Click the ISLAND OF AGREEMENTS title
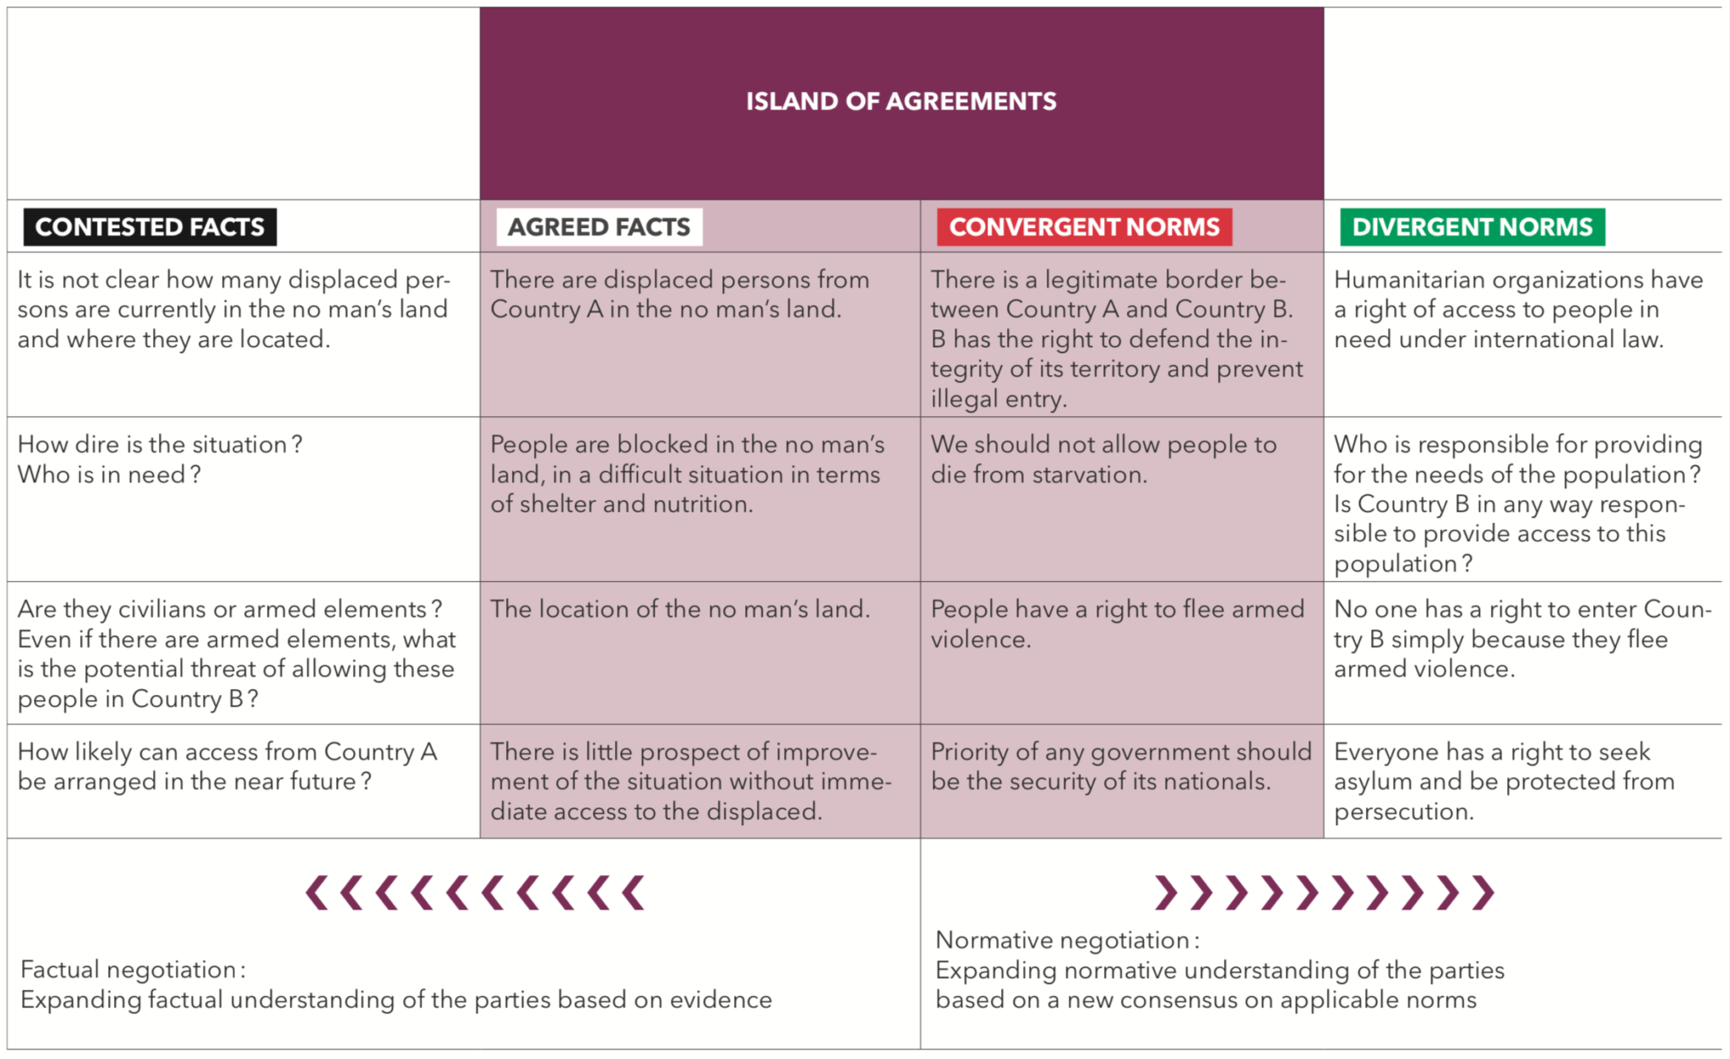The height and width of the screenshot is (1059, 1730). click(x=900, y=101)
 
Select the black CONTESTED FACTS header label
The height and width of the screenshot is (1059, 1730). click(x=150, y=227)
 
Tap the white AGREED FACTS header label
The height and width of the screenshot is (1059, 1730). click(x=599, y=227)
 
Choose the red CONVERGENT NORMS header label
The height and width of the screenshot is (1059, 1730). click(x=1084, y=227)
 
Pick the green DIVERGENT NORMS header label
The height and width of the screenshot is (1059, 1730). click(x=1472, y=227)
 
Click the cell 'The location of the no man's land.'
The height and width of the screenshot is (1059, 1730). click(x=680, y=610)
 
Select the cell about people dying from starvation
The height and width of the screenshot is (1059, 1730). click(x=1103, y=459)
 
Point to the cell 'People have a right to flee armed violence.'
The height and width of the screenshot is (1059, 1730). click(x=1117, y=624)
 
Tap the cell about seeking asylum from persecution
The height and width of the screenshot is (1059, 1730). click(x=1504, y=781)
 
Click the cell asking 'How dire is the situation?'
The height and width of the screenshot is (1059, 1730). click(x=160, y=459)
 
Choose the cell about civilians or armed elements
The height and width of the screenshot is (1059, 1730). click(x=237, y=654)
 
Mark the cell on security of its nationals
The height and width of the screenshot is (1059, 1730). click(x=1120, y=767)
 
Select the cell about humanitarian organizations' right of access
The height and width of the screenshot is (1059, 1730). click(x=1517, y=309)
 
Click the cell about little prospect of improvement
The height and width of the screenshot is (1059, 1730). click(x=690, y=781)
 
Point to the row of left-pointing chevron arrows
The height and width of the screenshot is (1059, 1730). click(x=476, y=893)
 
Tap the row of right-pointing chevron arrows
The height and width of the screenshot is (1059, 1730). click(x=1324, y=893)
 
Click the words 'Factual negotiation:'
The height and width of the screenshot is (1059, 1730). click(x=133, y=969)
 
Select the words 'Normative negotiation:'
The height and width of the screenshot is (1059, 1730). click(x=1067, y=940)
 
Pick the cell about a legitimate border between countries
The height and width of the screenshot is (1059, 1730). click(x=1117, y=339)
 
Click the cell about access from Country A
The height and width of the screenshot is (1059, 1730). click(x=227, y=767)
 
